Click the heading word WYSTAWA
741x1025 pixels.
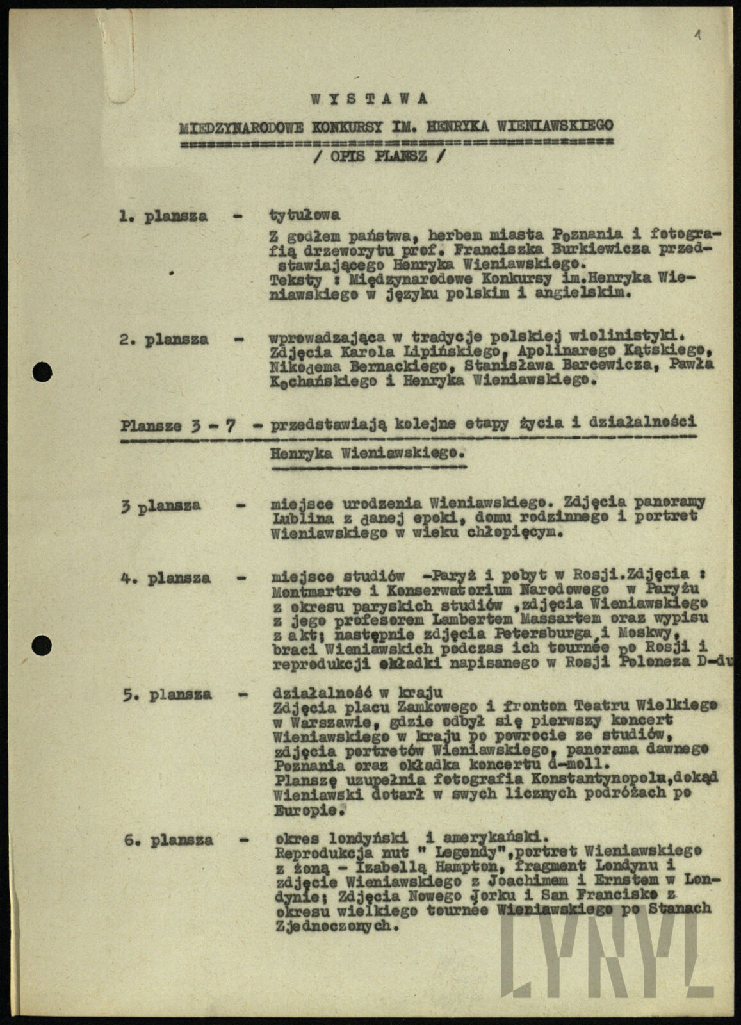click(x=369, y=99)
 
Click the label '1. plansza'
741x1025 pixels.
click(x=163, y=217)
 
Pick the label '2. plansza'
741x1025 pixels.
click(x=163, y=340)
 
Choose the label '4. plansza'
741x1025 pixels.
click(x=165, y=578)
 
